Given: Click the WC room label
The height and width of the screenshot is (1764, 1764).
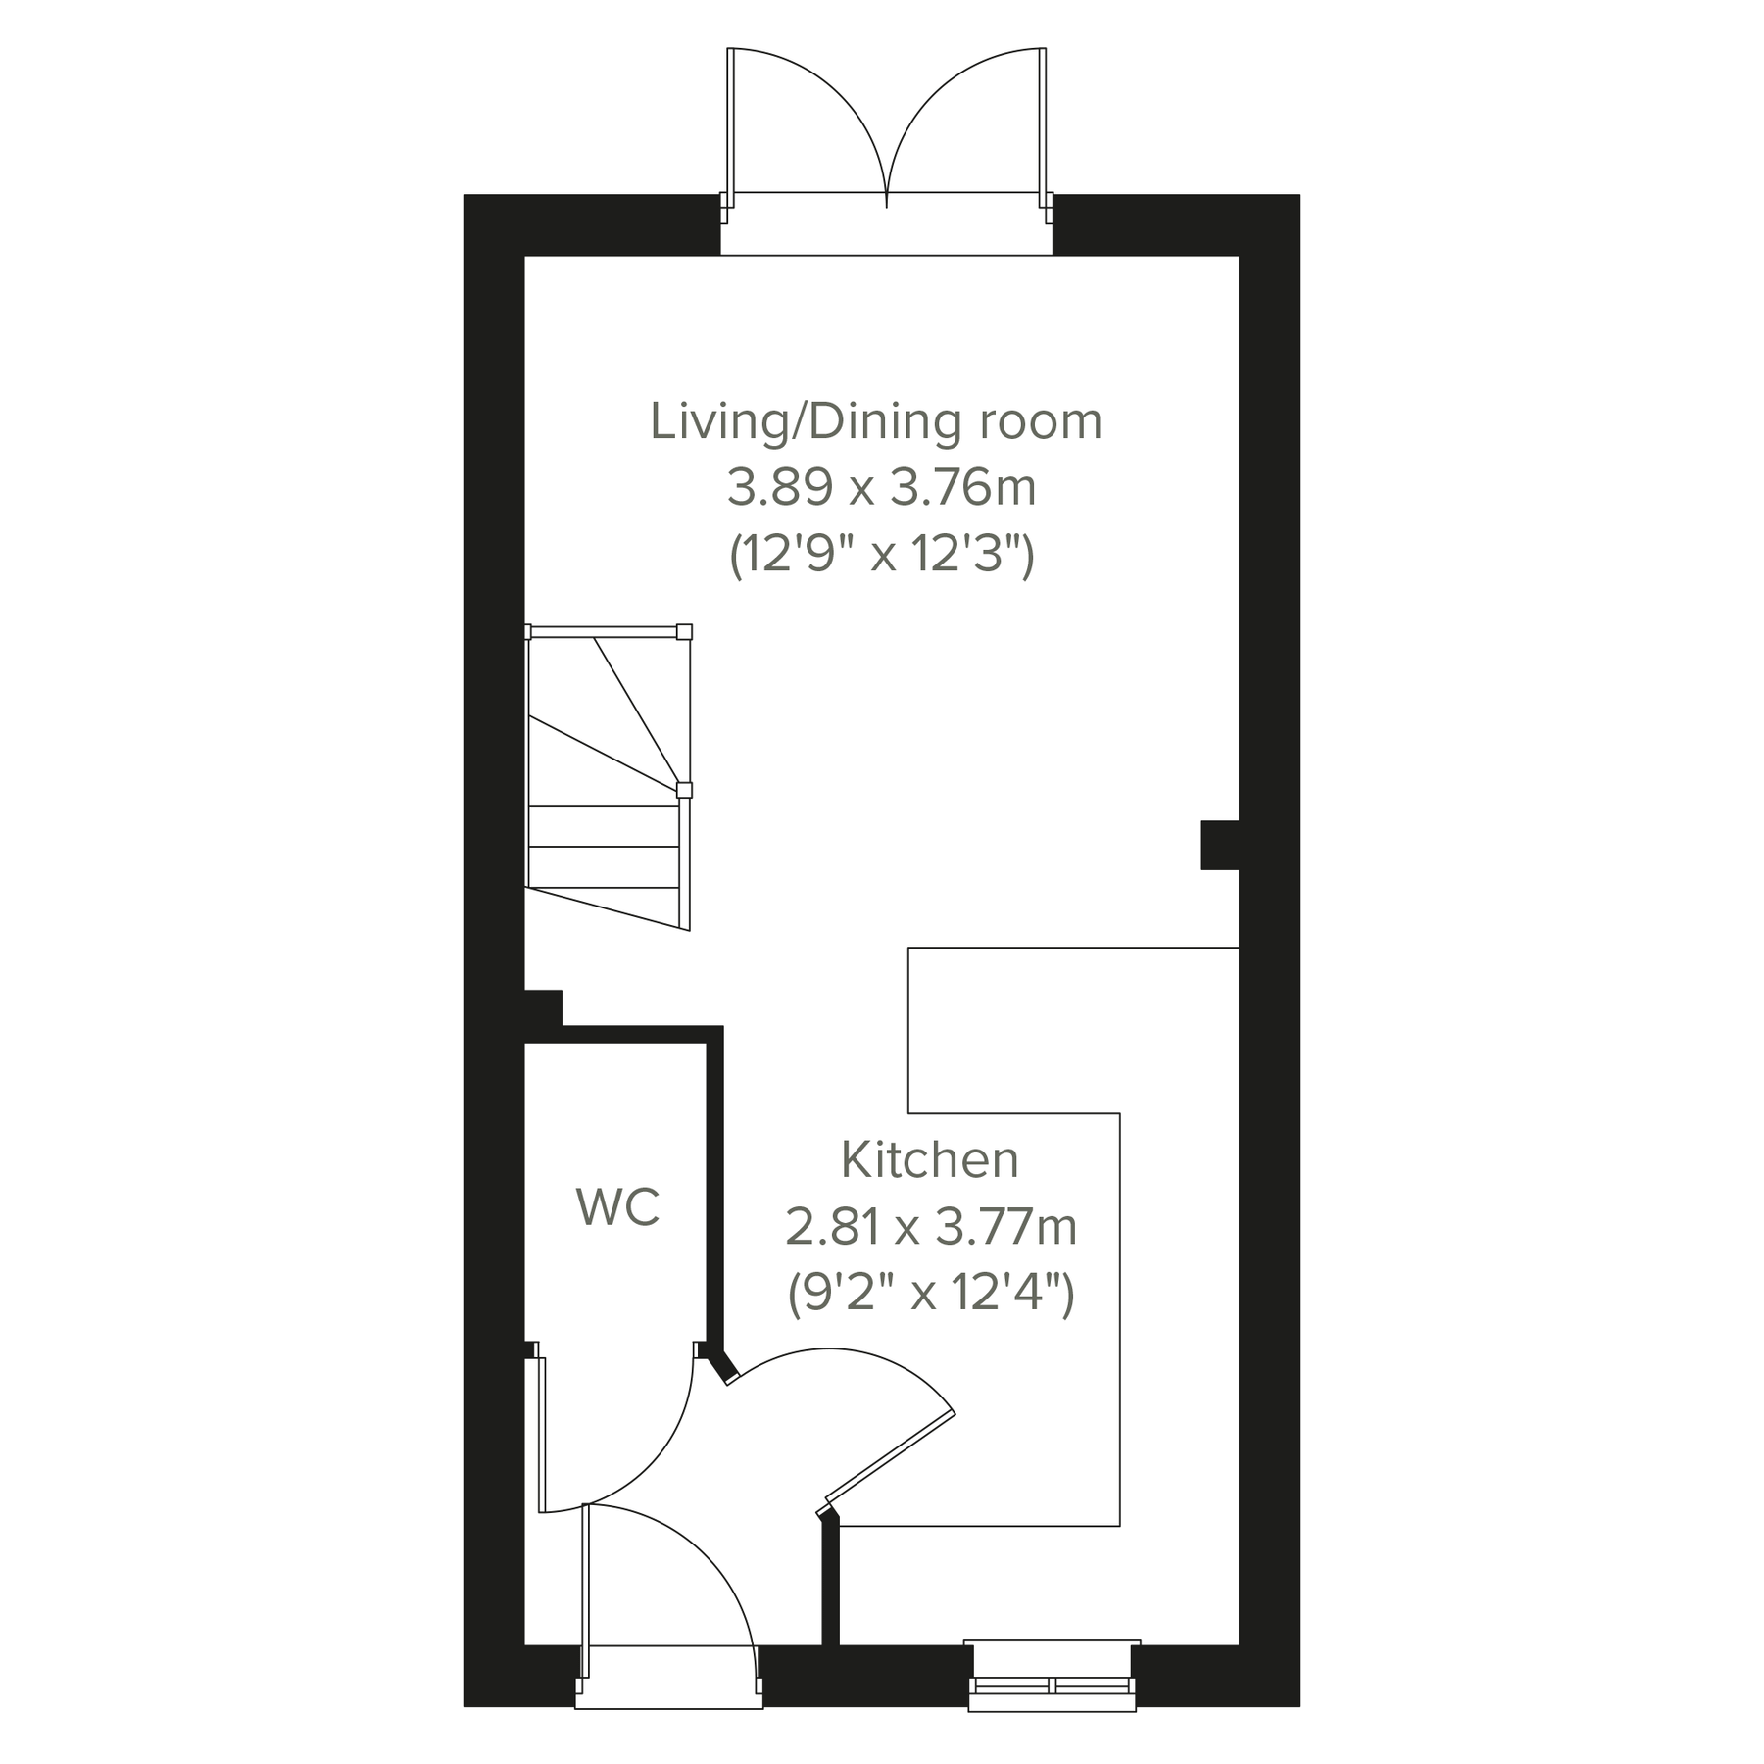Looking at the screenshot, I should coord(617,1207).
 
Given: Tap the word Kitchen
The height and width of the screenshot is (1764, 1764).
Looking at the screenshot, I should coord(929,1160).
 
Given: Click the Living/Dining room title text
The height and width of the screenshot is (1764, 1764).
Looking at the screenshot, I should coord(876,422).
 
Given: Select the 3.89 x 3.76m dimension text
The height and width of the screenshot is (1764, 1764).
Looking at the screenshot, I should coord(881,488).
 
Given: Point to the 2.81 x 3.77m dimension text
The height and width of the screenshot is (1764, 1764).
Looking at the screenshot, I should coord(931,1227).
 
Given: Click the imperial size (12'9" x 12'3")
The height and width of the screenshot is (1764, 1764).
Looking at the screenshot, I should coord(881,556).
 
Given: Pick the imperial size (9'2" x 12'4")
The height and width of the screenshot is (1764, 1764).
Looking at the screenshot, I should coord(931,1293).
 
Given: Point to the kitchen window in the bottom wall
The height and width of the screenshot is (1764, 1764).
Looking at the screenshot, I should coord(1052,1685).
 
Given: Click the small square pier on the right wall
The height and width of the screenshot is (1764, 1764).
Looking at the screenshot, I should coord(1219,845).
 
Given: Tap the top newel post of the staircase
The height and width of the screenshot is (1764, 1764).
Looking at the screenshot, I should coord(684,632).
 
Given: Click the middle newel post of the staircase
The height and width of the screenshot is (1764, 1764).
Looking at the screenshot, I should coord(684,790).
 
